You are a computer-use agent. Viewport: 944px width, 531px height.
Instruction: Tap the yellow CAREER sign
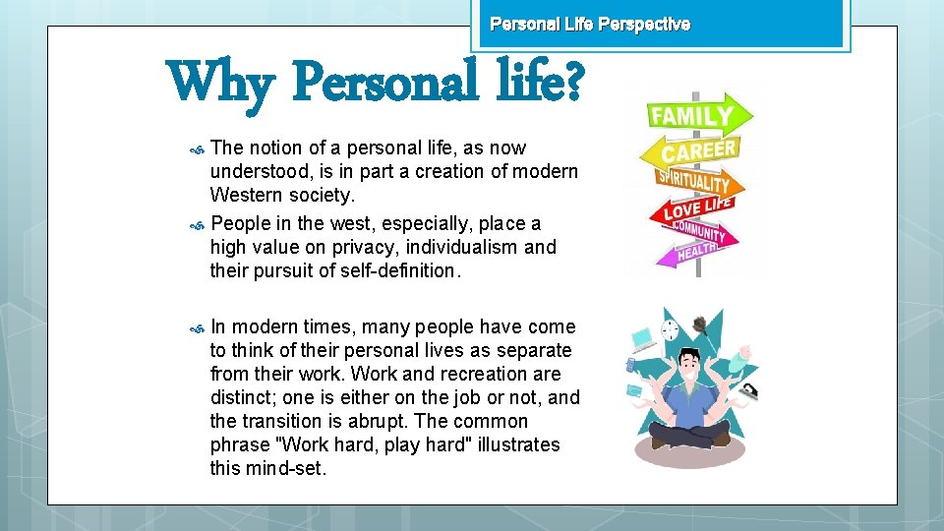(699, 151)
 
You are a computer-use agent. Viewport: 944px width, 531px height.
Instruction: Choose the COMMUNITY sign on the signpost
(700, 233)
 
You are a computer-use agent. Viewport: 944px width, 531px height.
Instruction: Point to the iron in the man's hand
(748, 390)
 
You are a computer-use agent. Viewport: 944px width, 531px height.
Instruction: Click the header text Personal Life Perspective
(590, 24)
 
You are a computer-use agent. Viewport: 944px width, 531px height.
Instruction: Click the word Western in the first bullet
(246, 195)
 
